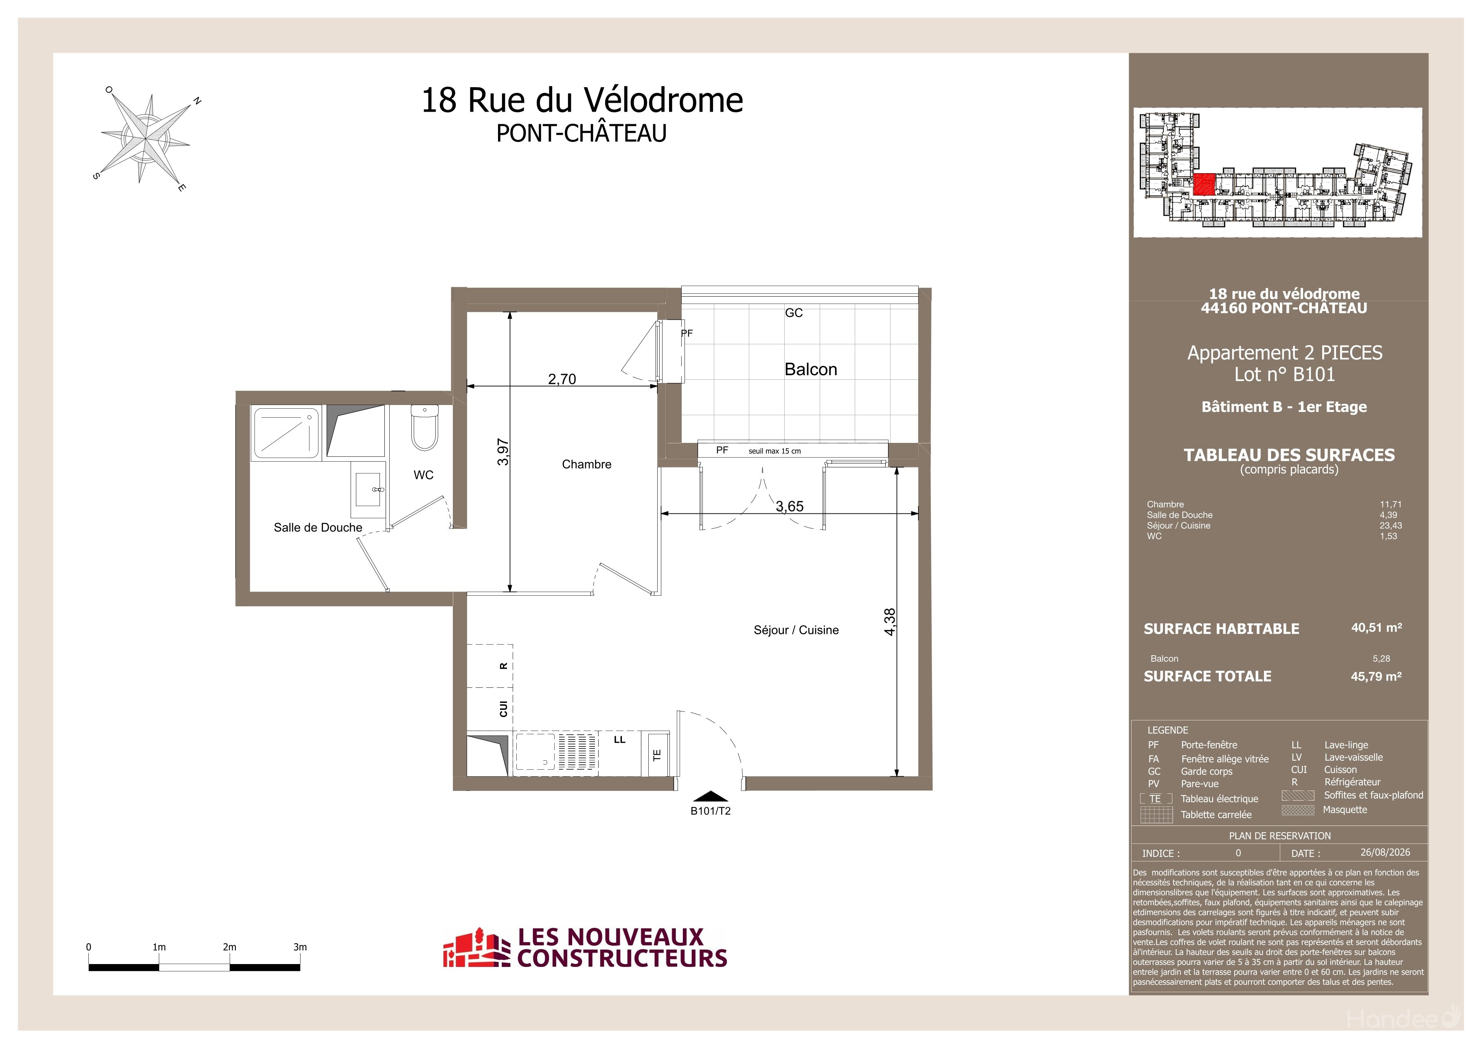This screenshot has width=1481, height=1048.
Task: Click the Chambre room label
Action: [586, 464]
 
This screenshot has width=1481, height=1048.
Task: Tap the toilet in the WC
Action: [424, 427]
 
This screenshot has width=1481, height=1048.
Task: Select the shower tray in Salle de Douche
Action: [285, 432]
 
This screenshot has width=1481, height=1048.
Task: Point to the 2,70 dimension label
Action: [562, 379]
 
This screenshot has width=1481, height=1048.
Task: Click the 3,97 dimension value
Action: [503, 452]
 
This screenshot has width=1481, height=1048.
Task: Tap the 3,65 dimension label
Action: [790, 506]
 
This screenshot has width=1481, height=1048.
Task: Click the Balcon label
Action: [811, 369]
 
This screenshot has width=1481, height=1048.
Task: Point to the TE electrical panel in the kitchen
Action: [656, 754]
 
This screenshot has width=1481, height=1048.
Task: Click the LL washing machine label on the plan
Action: [619, 740]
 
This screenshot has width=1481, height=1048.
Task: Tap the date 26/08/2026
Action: [1385, 852]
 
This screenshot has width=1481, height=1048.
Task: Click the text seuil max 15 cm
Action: [774, 451]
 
